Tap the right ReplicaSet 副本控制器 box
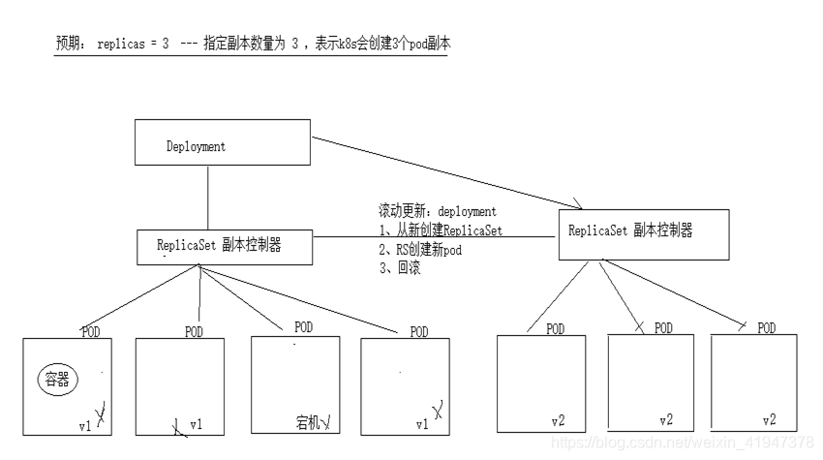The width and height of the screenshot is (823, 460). click(643, 232)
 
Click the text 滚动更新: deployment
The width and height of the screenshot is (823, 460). click(437, 211)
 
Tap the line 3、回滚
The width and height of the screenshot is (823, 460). click(399, 267)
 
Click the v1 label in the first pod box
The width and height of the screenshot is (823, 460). click(85, 424)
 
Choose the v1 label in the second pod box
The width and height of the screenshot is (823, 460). click(197, 424)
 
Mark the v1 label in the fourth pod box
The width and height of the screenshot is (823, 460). click(420, 424)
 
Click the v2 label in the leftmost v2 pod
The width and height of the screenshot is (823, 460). click(558, 421)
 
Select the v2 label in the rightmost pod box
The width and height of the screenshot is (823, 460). click(769, 421)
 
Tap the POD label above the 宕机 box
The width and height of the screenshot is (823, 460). click(303, 326)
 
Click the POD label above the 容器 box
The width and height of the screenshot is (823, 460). click(90, 332)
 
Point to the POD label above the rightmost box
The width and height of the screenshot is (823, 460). click(767, 328)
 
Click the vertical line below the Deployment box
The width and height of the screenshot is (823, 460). click(208, 201)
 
